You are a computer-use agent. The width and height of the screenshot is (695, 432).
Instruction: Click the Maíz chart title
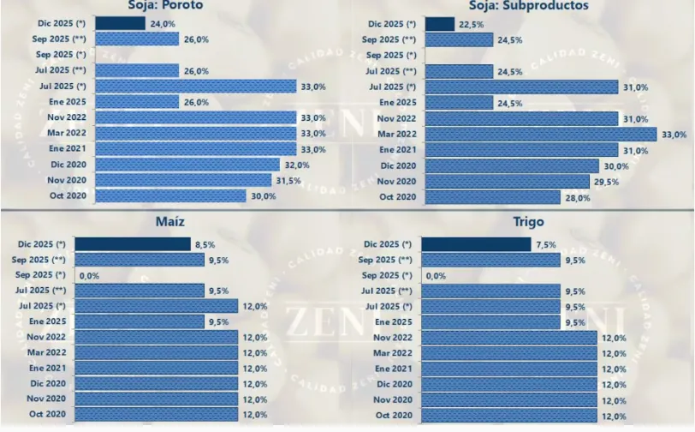point(171,223)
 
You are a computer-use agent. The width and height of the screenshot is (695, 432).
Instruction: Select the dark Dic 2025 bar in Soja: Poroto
point(119,23)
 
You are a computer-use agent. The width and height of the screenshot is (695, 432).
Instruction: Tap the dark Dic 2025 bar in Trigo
point(477,244)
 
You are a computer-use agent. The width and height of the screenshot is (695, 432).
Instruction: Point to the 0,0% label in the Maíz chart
point(89,276)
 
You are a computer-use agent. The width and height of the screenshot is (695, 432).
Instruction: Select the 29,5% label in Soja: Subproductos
point(605,182)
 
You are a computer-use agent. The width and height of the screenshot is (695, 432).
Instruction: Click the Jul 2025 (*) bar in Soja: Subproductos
point(520,87)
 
